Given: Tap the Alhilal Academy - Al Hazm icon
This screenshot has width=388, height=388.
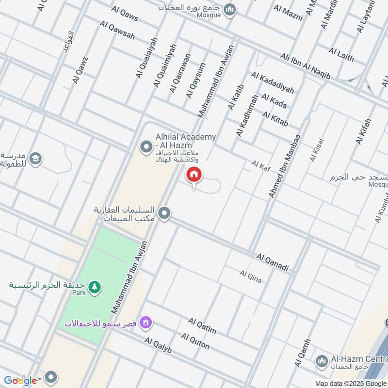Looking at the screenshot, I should coord(145,145).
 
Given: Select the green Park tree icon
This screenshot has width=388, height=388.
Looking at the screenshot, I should coord(95,287).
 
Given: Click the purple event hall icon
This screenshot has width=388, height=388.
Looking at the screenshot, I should coord(145,322).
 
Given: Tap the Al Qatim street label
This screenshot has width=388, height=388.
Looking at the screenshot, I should coord(202,326).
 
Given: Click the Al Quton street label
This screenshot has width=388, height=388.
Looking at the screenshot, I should coord(195,341).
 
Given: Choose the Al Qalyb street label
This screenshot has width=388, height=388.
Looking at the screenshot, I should coord(158,346).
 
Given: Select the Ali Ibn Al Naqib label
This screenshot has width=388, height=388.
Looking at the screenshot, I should coord(305,66).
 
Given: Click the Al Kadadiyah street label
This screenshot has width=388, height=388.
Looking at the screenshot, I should coord(273,82).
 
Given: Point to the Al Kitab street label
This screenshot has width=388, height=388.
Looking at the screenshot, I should coord(275,118).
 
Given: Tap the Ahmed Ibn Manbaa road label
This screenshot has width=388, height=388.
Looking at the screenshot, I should coord(285,166).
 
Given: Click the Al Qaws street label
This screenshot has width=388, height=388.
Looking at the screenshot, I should coord(125,14).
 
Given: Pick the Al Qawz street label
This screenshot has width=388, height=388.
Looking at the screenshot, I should coord(79,70).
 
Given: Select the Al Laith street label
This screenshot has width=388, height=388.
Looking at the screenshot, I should coord(341,54).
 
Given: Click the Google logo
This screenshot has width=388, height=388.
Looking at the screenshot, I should coord(20,380).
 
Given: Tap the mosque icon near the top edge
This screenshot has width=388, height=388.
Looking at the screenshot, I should coord(231,9).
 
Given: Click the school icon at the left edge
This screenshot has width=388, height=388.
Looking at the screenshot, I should coord(35,158).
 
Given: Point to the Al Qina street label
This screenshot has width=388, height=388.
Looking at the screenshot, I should coord(250,276).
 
